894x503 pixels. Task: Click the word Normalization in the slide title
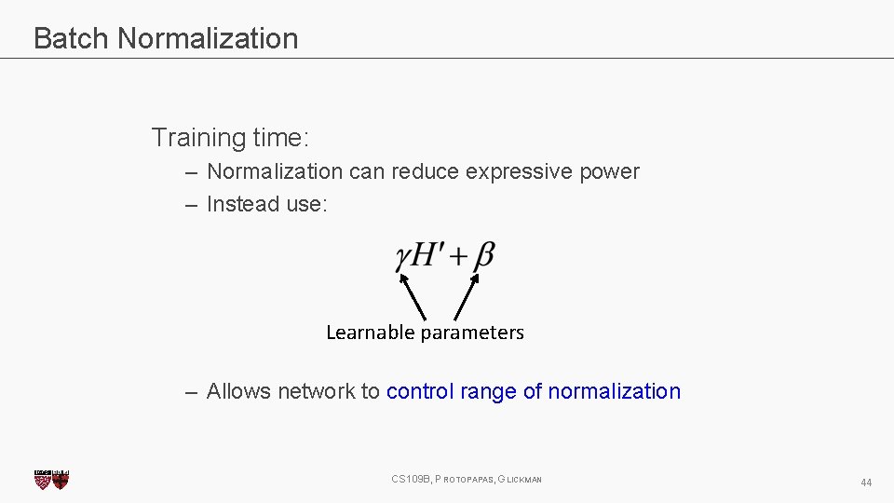point(208,38)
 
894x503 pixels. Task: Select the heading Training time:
point(230,138)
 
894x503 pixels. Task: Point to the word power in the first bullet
point(609,172)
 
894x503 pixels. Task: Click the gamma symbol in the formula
point(403,257)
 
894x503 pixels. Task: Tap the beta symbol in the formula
point(483,255)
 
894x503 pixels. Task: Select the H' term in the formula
point(427,254)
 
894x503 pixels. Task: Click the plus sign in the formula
point(458,256)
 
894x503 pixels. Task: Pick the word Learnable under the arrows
point(371,333)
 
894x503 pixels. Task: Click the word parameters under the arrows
point(472,333)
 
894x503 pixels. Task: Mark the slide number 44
point(866,483)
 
